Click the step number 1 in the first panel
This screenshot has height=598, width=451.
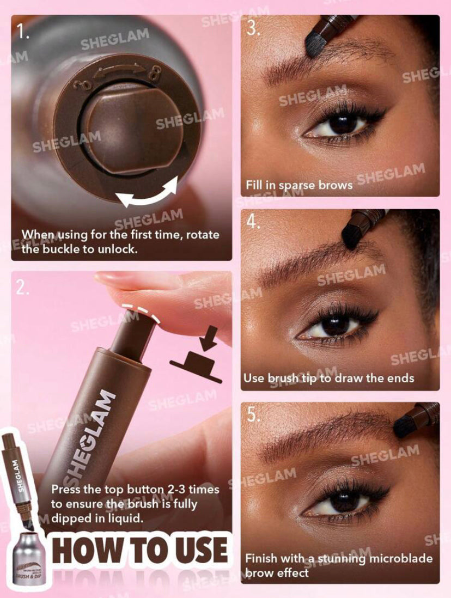point(23,33)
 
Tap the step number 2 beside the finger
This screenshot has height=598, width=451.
point(23,287)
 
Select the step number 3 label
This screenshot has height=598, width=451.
point(253,28)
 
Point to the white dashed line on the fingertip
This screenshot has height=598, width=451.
point(139,312)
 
